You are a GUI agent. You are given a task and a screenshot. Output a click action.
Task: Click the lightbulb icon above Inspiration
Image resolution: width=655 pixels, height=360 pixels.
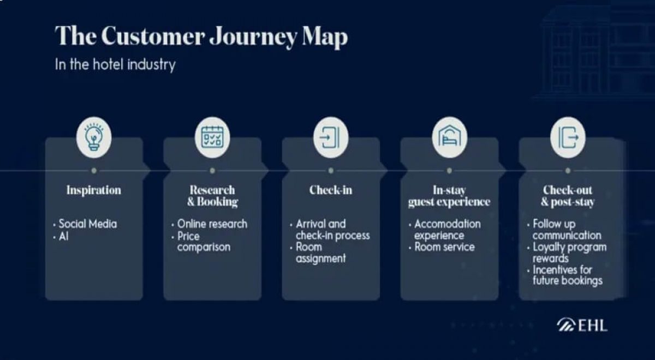[x=93, y=137]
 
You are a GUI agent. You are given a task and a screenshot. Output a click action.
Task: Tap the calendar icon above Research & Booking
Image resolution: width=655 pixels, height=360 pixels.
[x=212, y=137]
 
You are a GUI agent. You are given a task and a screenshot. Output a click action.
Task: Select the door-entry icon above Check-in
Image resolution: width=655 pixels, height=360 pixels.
[x=331, y=137]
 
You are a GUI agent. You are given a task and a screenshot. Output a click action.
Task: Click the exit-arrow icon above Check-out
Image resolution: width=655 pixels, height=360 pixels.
[x=568, y=137]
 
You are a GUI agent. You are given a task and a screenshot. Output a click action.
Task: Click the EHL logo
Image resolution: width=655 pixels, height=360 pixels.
[x=582, y=325]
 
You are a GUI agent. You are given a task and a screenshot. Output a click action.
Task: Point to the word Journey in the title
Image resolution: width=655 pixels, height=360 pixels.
[x=253, y=37]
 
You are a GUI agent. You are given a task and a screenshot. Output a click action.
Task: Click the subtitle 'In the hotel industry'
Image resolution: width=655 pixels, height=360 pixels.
[x=115, y=64]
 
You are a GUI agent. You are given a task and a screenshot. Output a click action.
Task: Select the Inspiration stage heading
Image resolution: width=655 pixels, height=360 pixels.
[x=93, y=190]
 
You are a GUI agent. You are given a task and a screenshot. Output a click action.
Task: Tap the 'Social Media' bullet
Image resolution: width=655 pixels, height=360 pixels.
[x=88, y=224]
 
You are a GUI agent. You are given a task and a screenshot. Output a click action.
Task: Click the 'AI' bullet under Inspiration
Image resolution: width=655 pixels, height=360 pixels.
[x=64, y=236]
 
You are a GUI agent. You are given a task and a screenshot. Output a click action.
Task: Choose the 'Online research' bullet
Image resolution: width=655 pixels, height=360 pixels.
[x=212, y=224]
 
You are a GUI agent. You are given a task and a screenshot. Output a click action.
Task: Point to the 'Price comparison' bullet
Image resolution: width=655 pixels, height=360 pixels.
[x=204, y=242]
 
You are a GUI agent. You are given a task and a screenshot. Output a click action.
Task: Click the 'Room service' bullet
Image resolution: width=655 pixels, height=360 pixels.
[x=444, y=247]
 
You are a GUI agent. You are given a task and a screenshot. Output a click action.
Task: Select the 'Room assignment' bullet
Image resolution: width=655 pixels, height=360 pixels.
[x=321, y=253]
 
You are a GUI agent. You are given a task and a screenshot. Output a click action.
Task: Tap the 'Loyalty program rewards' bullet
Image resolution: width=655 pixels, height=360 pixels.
[x=569, y=253]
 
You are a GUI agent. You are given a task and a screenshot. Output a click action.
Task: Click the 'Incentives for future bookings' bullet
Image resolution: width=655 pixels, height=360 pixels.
[x=567, y=275]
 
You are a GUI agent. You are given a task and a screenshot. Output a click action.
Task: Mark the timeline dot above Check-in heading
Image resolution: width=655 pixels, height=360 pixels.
[x=331, y=171]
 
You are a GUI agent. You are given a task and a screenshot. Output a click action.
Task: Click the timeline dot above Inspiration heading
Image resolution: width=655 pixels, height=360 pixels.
[x=94, y=171]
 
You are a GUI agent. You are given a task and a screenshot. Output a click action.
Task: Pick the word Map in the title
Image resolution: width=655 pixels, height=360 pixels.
[x=325, y=38]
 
